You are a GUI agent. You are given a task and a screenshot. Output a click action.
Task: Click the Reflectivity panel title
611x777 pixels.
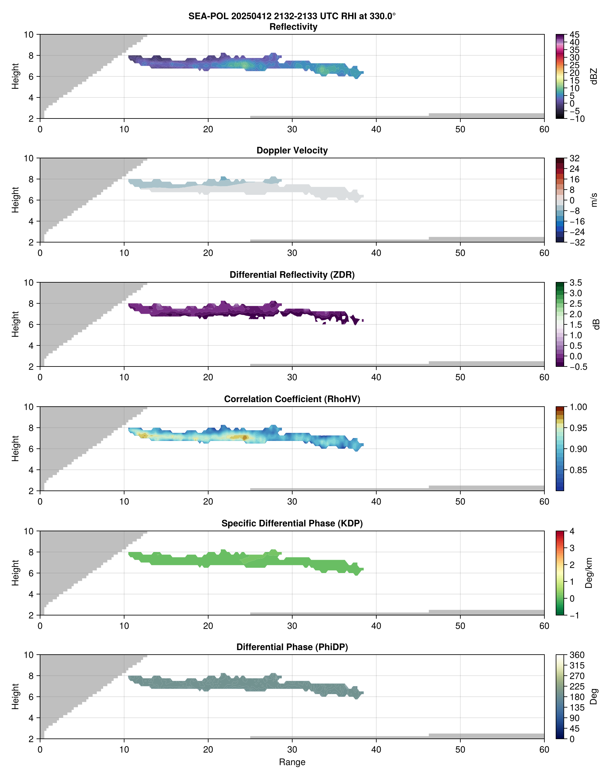[293, 27]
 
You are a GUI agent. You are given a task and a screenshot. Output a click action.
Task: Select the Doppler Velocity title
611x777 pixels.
[292, 151]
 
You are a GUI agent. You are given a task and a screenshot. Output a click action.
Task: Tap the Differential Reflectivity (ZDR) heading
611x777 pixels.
[292, 275]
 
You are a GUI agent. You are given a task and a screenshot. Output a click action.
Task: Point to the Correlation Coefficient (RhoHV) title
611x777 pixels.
[292, 399]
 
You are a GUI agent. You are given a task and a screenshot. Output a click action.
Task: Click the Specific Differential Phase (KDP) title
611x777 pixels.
[292, 524]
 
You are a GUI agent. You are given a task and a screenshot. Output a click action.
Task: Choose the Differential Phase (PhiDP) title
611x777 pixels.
[292, 647]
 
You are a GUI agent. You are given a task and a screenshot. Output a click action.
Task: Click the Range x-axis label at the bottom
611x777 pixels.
[292, 762]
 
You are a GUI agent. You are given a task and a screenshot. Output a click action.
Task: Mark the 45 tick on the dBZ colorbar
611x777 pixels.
[574, 35]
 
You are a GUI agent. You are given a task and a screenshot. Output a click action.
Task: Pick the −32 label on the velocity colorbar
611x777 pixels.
[577, 242]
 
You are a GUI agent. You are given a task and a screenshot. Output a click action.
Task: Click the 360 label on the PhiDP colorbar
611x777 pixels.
[577, 655]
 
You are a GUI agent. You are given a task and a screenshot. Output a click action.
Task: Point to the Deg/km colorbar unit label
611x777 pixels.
[589, 573]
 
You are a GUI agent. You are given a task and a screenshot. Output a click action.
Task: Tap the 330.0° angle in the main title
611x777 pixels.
[382, 16]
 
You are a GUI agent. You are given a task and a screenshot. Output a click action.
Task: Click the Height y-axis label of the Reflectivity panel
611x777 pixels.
[15, 76]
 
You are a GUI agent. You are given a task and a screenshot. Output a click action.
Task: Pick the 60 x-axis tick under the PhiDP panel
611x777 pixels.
[544, 749]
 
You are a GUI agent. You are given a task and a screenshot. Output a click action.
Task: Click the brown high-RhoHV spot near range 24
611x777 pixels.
[245, 437]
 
